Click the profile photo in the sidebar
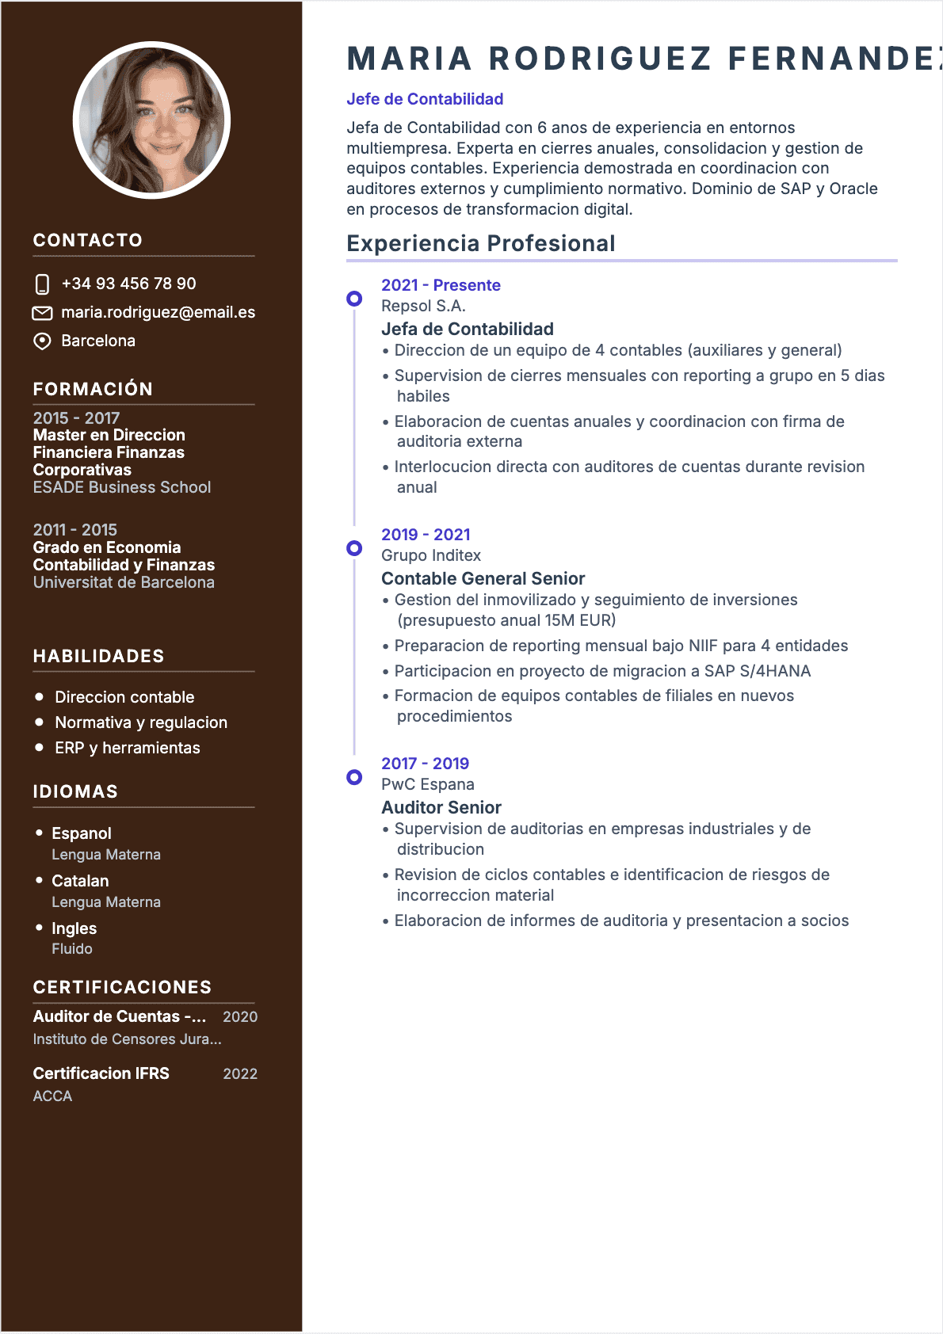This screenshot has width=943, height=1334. [151, 120]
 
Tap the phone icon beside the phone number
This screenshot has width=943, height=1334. [43, 284]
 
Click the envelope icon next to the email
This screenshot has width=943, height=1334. [42, 313]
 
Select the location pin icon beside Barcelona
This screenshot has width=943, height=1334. [42, 341]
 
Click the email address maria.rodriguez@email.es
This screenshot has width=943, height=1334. [158, 313]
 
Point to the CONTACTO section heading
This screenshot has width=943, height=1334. [88, 241]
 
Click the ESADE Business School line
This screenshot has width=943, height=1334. [122, 488]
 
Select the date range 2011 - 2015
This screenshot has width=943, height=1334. [75, 530]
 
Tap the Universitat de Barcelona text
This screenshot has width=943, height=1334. [124, 583]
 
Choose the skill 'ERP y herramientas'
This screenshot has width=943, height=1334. [128, 749]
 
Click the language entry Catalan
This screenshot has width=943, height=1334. [80, 882]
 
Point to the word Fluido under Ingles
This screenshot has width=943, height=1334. [72, 949]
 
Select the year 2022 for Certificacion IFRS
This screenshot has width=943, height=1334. [240, 1075]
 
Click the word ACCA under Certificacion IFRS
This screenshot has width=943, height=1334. [52, 1097]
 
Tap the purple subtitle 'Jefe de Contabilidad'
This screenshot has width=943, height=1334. [425, 100]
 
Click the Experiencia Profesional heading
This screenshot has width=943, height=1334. [481, 244]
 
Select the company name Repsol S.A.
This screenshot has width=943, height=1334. [423, 307]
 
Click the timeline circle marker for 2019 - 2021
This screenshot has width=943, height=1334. [354, 548]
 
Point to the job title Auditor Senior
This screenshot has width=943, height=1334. [441, 808]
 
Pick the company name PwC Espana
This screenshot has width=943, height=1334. [428, 785]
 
